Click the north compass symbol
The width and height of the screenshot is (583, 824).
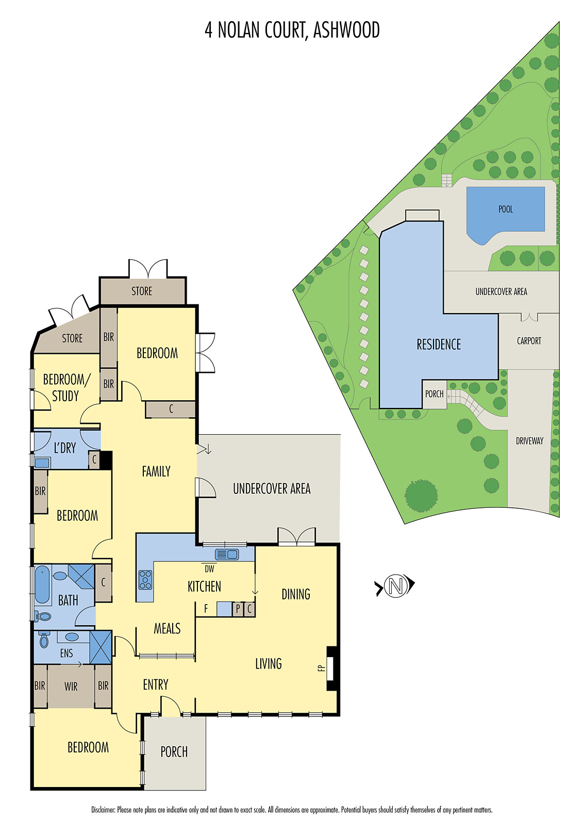(x=395, y=586)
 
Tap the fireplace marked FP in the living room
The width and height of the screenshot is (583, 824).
(x=330, y=668)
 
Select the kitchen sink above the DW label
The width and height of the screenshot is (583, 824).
(x=227, y=555)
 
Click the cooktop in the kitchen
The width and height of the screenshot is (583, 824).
(x=145, y=580)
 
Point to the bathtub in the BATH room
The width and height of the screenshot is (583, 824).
(x=42, y=585)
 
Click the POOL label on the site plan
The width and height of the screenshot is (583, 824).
(x=505, y=209)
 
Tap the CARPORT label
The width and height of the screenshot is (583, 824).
(x=529, y=341)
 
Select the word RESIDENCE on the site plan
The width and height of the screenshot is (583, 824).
(x=439, y=345)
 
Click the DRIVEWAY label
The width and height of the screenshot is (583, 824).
(x=529, y=441)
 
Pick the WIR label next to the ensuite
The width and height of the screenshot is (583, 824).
(x=71, y=686)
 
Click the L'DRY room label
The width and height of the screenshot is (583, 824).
(x=65, y=448)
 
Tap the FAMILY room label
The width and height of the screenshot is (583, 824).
(x=156, y=471)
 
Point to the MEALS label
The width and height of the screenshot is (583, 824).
(x=167, y=628)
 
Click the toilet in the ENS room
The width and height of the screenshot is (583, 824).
(x=44, y=640)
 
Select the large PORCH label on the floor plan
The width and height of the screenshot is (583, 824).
(x=174, y=752)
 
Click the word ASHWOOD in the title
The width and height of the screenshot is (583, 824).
(x=346, y=30)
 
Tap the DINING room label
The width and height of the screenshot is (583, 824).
(x=296, y=594)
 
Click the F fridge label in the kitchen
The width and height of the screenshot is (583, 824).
(x=206, y=609)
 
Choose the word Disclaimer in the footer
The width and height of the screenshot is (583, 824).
(x=103, y=810)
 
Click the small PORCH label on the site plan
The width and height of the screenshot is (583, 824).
(x=434, y=394)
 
